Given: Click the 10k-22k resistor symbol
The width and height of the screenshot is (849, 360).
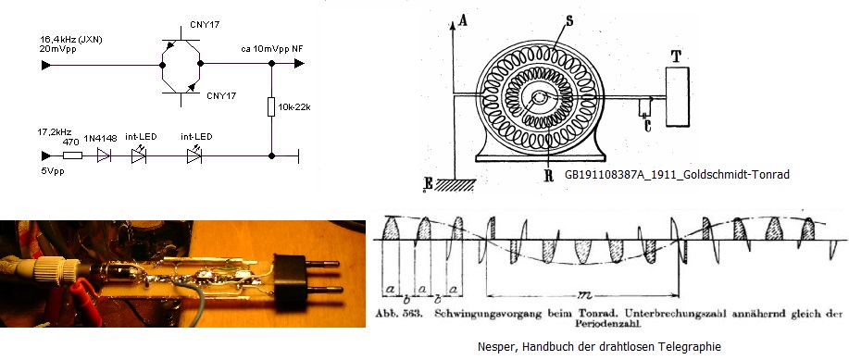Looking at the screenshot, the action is [x=272, y=107].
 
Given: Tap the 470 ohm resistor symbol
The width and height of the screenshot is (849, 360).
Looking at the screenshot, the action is [x=72, y=155].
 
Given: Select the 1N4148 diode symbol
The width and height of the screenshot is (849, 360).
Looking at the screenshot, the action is [x=104, y=155].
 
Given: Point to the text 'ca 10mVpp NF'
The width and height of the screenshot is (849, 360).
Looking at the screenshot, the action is [x=272, y=49].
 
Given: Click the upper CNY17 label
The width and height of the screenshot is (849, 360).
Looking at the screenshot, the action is [x=205, y=25].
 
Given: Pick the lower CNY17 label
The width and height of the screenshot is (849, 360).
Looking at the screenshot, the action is [x=221, y=96].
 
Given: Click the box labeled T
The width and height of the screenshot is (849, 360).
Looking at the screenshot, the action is [x=678, y=96].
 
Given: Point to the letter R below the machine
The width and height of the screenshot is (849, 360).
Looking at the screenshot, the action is [x=548, y=176].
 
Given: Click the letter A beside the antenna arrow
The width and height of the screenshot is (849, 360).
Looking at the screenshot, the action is [x=462, y=20].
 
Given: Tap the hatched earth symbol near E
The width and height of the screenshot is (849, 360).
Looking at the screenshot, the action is [x=455, y=184].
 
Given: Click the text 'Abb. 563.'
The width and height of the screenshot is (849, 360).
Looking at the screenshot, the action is [x=399, y=315].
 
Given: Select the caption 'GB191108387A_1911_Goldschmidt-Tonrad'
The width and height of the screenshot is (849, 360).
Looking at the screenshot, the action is [x=677, y=174].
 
